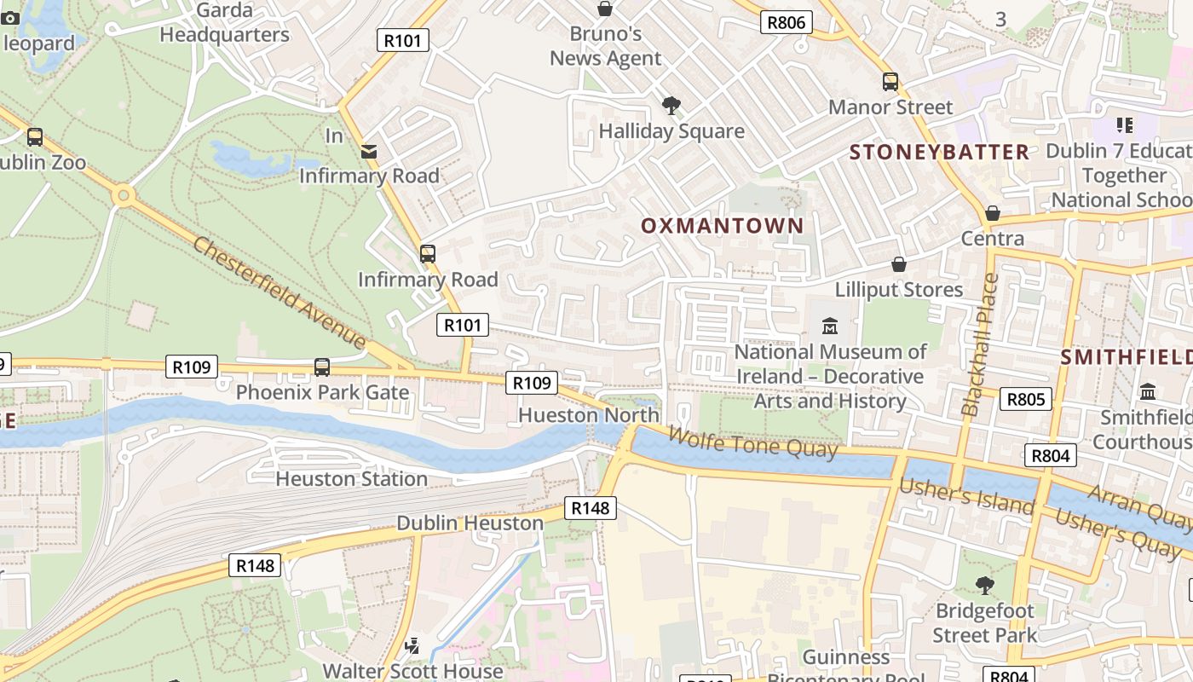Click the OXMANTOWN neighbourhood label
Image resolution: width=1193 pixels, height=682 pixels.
(x=722, y=226)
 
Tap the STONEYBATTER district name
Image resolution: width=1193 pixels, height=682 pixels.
(x=939, y=153)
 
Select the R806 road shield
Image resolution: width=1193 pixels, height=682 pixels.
(x=786, y=22)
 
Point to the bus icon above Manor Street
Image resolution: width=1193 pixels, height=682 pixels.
(x=890, y=82)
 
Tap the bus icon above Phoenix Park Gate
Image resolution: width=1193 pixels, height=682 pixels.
(x=322, y=367)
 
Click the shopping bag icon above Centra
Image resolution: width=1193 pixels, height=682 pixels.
(x=992, y=213)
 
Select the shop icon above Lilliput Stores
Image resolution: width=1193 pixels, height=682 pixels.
(x=898, y=265)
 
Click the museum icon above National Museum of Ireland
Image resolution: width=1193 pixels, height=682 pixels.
(x=829, y=327)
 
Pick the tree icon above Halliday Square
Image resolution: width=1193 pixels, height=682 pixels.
(x=671, y=106)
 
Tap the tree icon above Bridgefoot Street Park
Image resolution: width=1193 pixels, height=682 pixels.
(x=984, y=586)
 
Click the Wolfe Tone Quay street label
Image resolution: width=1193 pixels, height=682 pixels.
(x=752, y=442)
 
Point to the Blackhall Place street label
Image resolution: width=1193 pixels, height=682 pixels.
(x=978, y=344)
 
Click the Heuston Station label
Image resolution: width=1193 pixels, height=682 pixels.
(x=351, y=479)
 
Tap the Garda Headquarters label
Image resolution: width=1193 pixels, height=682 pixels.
(x=224, y=23)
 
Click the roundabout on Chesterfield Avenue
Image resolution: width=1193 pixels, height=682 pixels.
(x=124, y=197)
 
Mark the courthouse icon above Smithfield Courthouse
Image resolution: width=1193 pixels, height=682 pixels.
(x=1147, y=392)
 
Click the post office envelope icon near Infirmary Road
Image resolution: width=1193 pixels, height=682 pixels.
(x=369, y=151)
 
